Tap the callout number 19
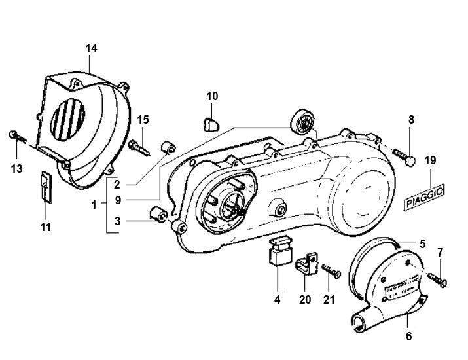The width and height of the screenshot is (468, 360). (429, 160)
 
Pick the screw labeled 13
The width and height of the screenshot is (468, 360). (14, 136)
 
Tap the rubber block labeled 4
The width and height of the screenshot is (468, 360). (278, 251)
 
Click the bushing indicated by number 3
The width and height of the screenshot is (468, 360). (158, 215)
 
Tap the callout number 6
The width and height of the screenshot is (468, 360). (408, 337)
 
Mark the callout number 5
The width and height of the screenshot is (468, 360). (422, 243)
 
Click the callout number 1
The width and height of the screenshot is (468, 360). (94, 204)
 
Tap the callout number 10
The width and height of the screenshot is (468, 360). (212, 96)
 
